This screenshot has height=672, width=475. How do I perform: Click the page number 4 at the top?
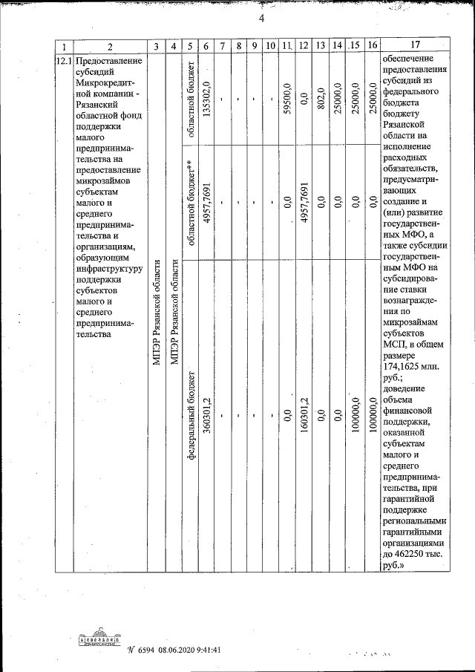pos(261,18)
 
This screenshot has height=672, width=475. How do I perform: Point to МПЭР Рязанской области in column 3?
pos(156,312)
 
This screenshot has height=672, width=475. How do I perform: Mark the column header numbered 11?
pos(286,46)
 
